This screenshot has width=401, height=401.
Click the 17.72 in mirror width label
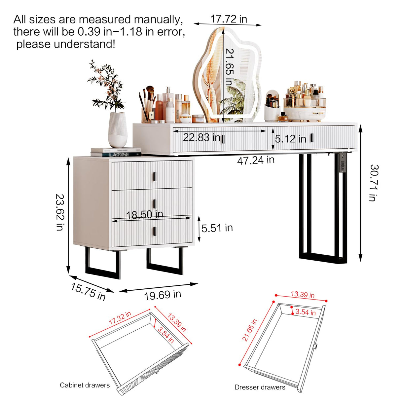click(229, 19)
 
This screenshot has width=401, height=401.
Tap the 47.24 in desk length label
click(256, 161)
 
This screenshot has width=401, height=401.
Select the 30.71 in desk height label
click(374, 183)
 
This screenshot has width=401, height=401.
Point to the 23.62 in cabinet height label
click(60, 212)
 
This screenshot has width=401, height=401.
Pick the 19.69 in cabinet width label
click(163, 295)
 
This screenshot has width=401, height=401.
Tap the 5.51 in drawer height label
click(217, 228)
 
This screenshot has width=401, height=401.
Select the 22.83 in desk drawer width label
click(201, 137)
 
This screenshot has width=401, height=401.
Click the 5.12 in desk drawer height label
click(290, 139)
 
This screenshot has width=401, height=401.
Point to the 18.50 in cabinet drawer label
click(145, 214)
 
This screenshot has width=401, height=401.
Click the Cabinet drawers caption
click(85, 385)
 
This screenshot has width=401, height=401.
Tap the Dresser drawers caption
click(260, 387)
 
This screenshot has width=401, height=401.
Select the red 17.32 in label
click(120, 318)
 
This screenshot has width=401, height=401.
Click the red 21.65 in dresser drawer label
click(249, 330)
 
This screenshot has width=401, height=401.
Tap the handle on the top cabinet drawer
click(154, 177)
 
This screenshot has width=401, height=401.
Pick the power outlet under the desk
click(343, 164)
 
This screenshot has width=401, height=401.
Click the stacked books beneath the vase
click(116, 152)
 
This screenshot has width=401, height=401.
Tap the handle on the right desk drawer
click(311, 138)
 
